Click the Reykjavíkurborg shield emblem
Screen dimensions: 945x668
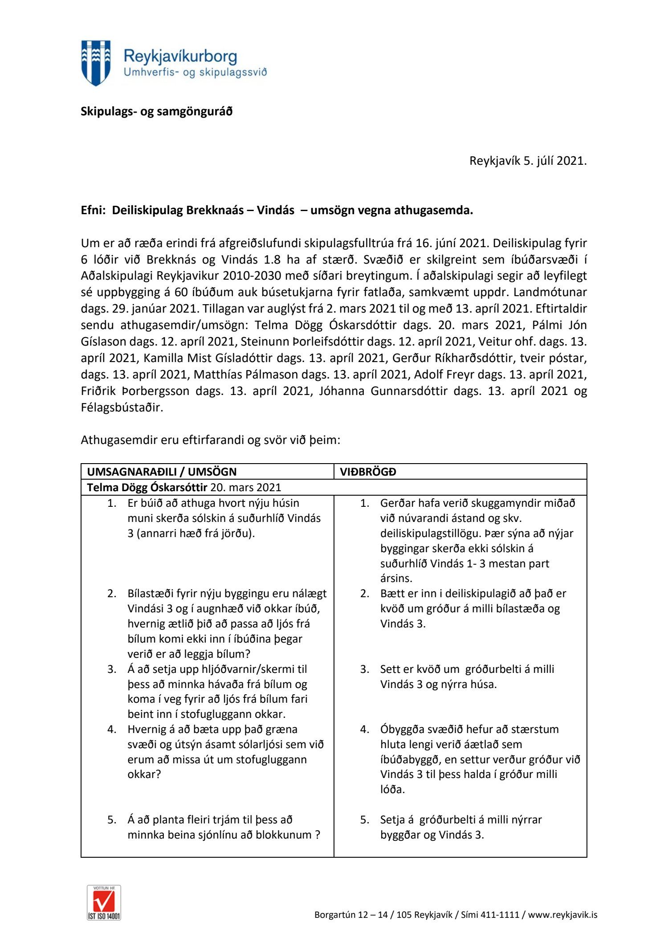[96, 63]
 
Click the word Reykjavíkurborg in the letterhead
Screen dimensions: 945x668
[180, 57]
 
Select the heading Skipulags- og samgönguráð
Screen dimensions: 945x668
[156, 111]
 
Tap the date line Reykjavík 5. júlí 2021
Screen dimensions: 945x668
[528, 161]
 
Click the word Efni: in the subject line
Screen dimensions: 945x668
[94, 210]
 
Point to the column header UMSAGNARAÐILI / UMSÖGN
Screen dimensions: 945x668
[162, 472]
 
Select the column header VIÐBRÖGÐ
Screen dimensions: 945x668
[368, 472]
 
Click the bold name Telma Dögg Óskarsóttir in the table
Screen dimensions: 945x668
[147, 487]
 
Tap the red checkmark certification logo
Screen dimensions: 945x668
[104, 903]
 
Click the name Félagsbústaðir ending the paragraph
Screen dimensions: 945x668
[122, 407]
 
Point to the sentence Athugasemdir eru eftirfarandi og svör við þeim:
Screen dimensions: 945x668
[210, 440]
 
